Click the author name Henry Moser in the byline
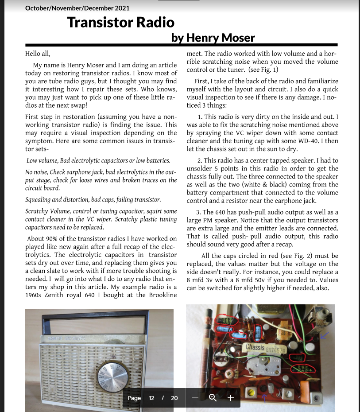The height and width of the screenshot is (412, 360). coord(220,38)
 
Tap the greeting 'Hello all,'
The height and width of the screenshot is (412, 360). coord(38,54)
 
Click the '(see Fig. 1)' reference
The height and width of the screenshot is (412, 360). coord(263,70)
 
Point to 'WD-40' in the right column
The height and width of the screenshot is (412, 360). coord(324,141)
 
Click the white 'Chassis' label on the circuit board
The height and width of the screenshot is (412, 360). coord(255,347)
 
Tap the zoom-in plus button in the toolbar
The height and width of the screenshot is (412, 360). coord(230,398)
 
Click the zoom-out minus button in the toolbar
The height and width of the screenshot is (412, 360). coord(195,398)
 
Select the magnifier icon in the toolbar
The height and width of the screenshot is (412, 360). coord(213,398)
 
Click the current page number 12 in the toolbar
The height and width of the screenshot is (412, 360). coord(151,398)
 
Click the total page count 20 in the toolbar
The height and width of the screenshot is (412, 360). coord(174,398)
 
